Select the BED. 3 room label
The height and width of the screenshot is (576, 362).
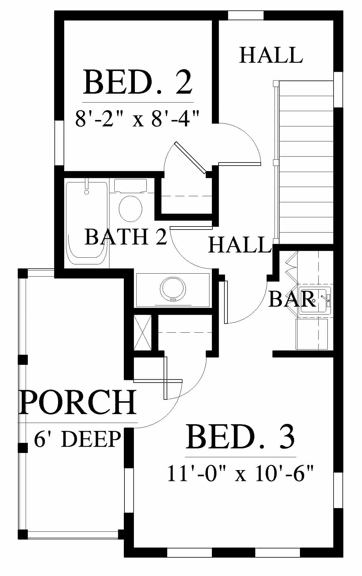tap(240, 437)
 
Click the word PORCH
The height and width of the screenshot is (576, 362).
tap(78, 402)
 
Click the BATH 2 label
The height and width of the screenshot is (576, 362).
tap(126, 237)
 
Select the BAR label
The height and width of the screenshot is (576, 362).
tap(292, 299)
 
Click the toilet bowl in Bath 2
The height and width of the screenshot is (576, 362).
tap(131, 209)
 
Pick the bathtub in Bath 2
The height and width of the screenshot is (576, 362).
tap(87, 223)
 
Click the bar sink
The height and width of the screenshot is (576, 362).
tap(315, 300)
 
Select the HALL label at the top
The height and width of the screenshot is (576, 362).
tap(271, 55)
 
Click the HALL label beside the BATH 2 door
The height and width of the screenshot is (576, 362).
tap(240, 245)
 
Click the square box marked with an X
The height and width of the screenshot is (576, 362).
tap(143, 332)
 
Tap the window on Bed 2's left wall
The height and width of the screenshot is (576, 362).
tap(59, 143)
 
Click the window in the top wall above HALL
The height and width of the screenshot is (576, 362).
tap(246, 15)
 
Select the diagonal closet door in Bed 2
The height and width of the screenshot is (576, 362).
tap(190, 158)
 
